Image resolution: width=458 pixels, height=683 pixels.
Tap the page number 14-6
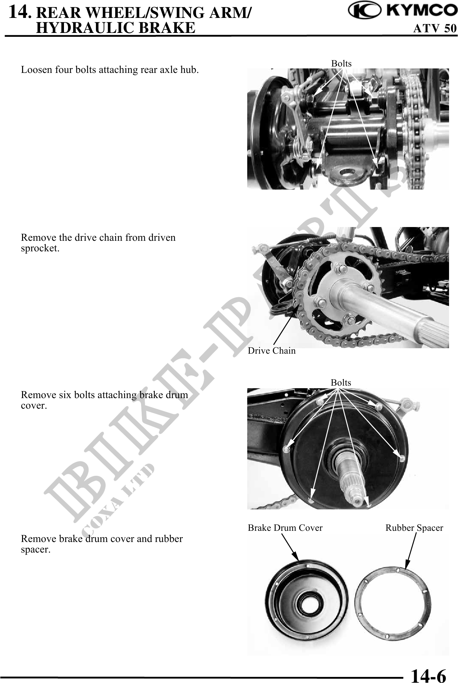[428, 674]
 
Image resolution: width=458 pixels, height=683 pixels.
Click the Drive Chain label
[272, 351]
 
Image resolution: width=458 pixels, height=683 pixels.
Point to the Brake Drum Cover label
[285, 528]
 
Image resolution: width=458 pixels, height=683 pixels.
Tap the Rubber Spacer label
[414, 528]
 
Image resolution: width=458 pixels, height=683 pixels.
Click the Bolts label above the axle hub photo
[341, 63]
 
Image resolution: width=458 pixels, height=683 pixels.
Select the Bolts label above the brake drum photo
[341, 382]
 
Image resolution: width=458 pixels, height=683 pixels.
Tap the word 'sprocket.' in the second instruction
[40, 248]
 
